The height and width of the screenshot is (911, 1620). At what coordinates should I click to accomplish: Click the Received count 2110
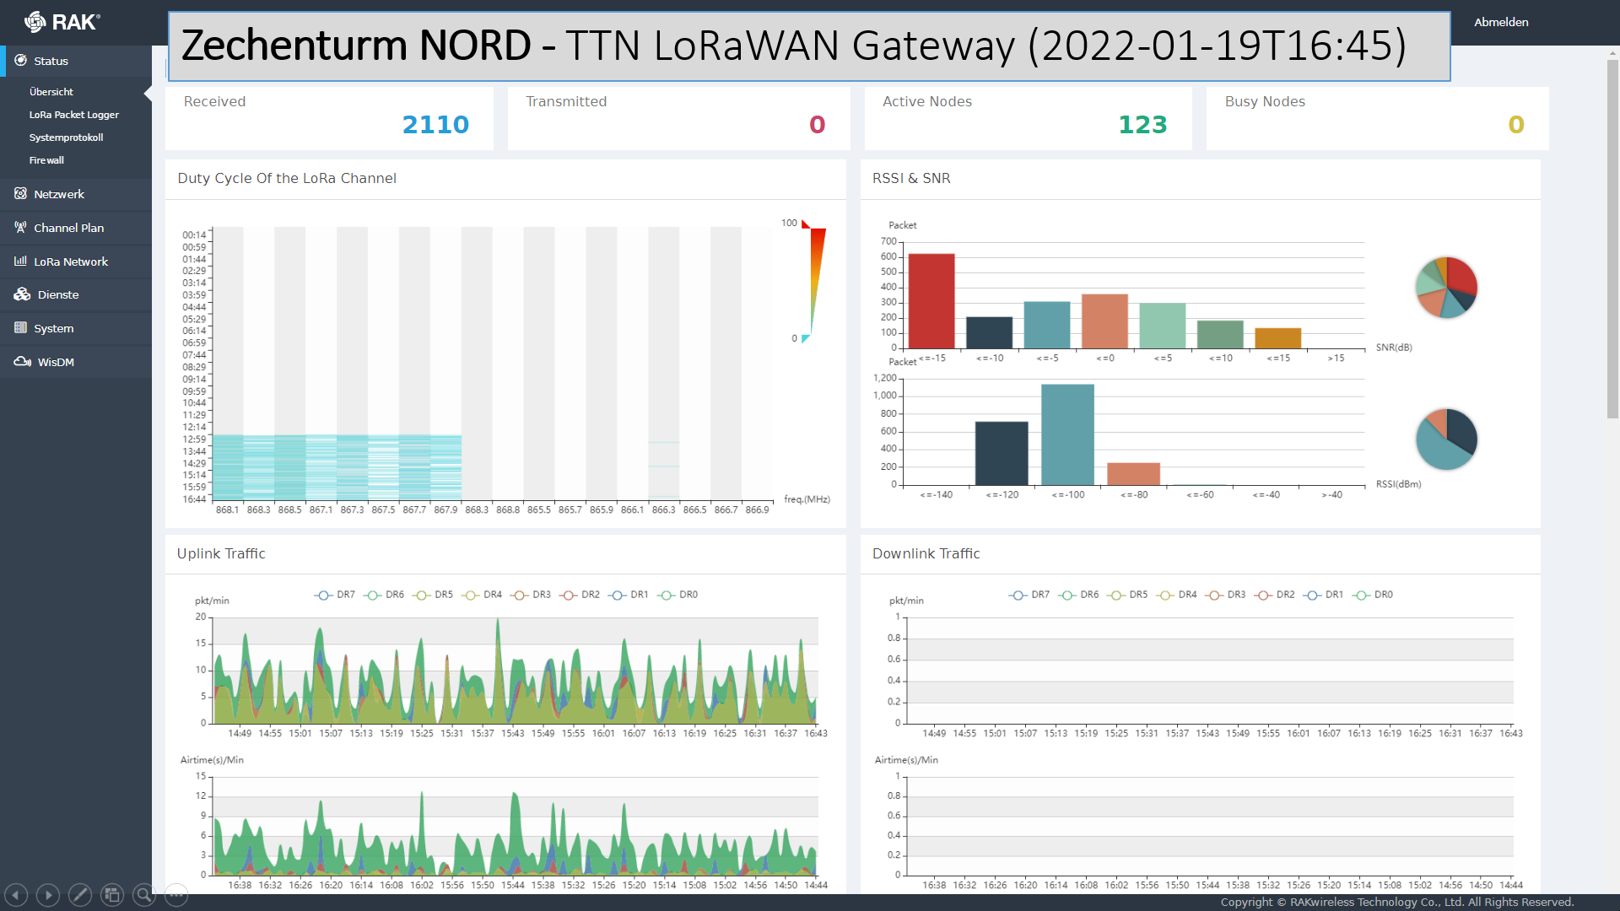[x=435, y=125]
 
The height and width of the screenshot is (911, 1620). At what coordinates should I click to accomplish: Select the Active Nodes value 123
[x=1142, y=125]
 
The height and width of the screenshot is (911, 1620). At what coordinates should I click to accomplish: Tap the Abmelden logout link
[x=1500, y=22]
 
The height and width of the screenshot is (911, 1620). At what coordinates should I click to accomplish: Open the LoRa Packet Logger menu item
[x=73, y=115]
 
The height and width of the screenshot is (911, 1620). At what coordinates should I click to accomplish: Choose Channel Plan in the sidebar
[x=68, y=228]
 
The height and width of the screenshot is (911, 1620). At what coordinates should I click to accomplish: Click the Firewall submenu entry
[x=46, y=160]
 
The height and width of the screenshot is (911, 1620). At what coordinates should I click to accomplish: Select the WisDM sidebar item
[x=56, y=362]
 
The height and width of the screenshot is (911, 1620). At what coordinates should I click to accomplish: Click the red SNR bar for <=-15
[x=931, y=300]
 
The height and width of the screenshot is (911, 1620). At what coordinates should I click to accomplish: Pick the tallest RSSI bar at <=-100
[x=1067, y=434]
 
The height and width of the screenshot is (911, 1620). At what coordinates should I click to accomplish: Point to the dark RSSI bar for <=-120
[x=1002, y=453]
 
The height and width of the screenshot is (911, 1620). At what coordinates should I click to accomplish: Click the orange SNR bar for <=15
[x=1277, y=338]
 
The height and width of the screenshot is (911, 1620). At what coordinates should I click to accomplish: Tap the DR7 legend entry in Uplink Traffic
[x=336, y=595]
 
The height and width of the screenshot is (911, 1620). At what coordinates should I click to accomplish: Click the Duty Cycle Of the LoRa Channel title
[x=287, y=178]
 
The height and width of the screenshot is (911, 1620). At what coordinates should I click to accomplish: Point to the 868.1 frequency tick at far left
[x=227, y=510]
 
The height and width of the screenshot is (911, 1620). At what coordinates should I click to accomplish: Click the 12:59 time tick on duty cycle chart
[x=194, y=439]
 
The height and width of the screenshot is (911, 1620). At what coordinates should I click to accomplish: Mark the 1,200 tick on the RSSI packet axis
[x=885, y=378]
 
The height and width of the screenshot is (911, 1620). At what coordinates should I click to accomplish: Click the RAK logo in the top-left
[x=62, y=22]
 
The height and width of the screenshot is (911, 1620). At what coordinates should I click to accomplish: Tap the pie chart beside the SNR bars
[x=1446, y=287]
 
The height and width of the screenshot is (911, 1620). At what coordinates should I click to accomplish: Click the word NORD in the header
[x=475, y=46]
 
